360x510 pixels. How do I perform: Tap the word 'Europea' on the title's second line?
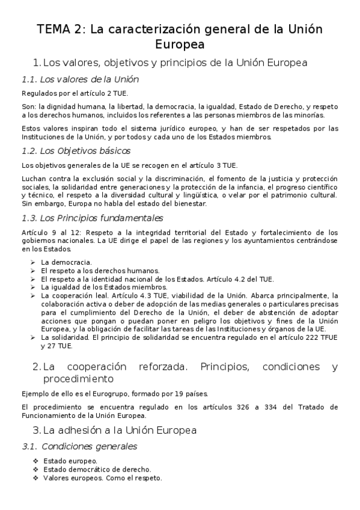(180, 45)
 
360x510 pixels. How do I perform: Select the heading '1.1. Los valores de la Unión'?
(80, 79)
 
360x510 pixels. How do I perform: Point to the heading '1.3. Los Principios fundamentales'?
(91, 218)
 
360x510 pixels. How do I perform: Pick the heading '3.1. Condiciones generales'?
(79, 446)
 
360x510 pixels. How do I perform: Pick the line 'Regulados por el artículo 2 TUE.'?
(75, 93)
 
